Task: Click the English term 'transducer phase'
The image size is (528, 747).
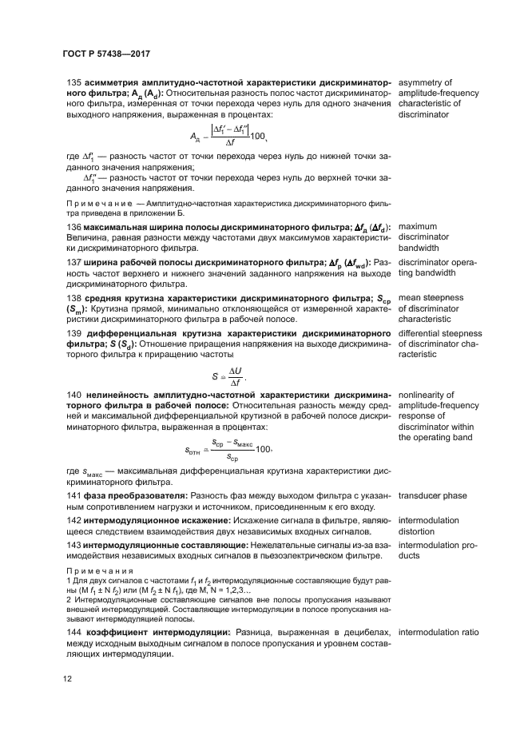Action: click(433, 497)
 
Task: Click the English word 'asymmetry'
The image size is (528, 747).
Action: click(425, 82)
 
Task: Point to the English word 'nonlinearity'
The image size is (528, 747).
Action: click(427, 394)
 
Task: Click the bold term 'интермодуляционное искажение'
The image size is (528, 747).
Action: click(154, 520)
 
